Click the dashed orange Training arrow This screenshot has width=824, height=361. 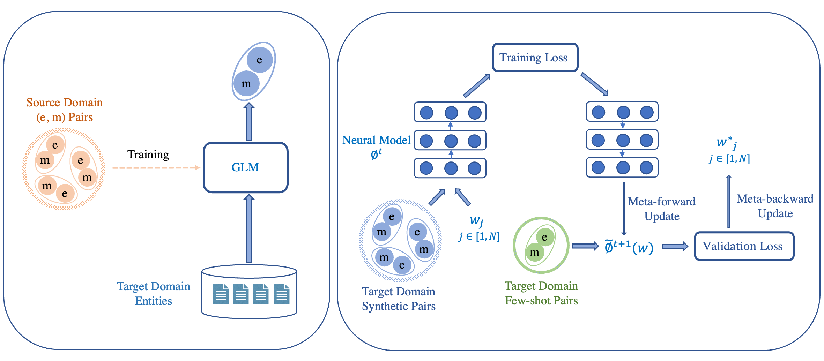pos(156,168)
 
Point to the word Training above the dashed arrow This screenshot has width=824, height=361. pos(148,155)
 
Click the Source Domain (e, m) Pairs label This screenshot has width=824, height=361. pos(65,110)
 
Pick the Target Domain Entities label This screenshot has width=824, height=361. pos(154,293)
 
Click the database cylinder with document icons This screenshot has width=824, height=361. pos(249,292)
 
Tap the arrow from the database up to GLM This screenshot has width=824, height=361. pos(249,228)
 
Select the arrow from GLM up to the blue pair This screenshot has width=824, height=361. pos(249,122)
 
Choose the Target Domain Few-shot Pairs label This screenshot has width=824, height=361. pos(541,293)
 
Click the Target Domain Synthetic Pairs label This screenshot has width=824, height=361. pos(399,299)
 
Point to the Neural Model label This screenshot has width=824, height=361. pos(376,140)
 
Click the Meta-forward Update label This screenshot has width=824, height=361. pos(662,209)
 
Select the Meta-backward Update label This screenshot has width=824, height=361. pos(775,206)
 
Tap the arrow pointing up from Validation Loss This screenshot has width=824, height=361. pos(729,201)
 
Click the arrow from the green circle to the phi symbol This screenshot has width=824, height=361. pos(586,246)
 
